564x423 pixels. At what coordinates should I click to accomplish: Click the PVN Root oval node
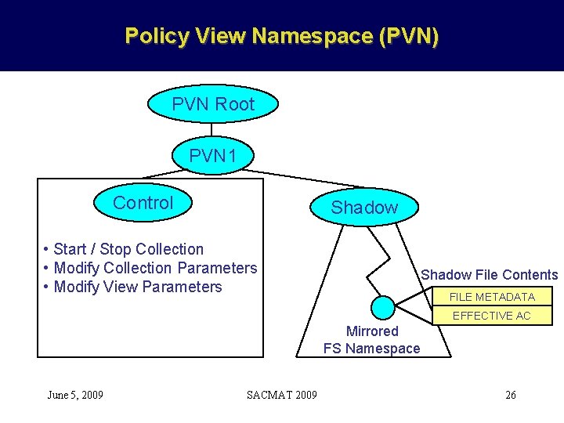pyautogui.click(x=213, y=104)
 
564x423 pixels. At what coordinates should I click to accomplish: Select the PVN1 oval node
pyautogui.click(x=213, y=156)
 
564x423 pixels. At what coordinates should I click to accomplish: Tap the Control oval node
pyautogui.click(x=143, y=203)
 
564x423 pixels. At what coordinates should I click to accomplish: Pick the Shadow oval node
pyautogui.click(x=364, y=208)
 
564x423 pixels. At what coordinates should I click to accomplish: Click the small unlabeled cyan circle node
pyautogui.click(x=383, y=307)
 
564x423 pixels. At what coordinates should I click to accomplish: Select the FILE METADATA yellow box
pyautogui.click(x=492, y=297)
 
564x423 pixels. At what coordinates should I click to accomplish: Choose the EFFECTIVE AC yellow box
pyautogui.click(x=492, y=316)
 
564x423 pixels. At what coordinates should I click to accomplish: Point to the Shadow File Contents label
pyautogui.click(x=489, y=274)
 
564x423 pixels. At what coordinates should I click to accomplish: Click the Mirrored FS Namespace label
pyautogui.click(x=372, y=340)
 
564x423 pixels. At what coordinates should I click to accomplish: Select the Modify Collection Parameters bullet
pyautogui.click(x=150, y=268)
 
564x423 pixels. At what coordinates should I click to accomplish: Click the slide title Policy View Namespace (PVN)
pyautogui.click(x=282, y=36)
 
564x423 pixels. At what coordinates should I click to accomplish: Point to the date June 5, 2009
pyautogui.click(x=75, y=395)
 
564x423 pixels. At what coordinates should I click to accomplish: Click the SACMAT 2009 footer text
pyautogui.click(x=282, y=395)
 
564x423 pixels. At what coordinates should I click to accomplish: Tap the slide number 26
pyautogui.click(x=511, y=395)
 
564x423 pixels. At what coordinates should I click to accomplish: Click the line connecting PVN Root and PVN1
pyautogui.click(x=213, y=131)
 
